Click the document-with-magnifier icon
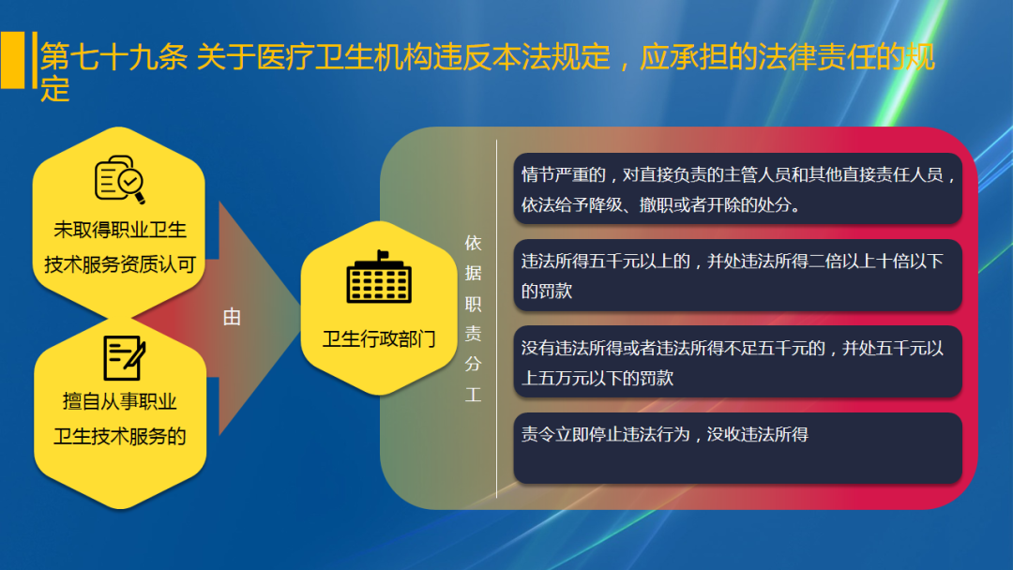(x=120, y=179)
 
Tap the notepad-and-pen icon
(x=124, y=357)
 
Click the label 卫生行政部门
(x=379, y=338)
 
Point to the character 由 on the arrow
(x=232, y=317)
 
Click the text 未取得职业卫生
(x=119, y=230)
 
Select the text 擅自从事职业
(x=119, y=401)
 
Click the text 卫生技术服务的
(x=119, y=436)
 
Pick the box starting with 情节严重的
(x=737, y=188)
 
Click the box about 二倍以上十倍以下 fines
(x=737, y=276)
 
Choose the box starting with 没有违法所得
(x=737, y=362)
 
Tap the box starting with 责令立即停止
(x=737, y=447)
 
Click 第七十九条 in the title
(x=113, y=59)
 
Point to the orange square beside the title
(x=12, y=60)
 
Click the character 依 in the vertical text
(x=473, y=243)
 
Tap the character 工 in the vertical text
(x=473, y=395)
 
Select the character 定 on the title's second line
(x=55, y=90)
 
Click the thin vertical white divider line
(x=496, y=319)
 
